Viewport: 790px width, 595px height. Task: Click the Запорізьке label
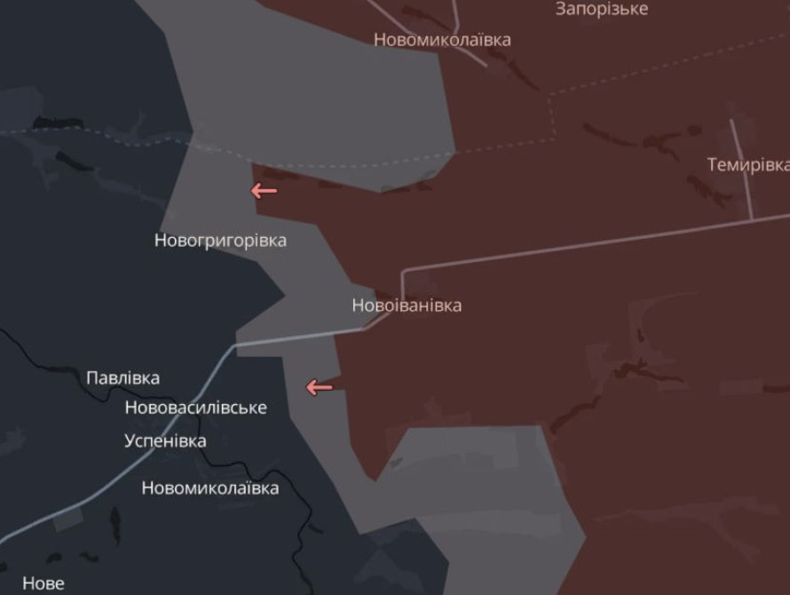tap(601, 10)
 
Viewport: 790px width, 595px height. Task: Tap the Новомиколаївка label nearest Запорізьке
tap(441, 40)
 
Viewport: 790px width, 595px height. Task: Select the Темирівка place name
tap(747, 165)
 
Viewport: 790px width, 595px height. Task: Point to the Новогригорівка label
tap(220, 241)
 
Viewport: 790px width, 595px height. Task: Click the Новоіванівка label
tap(407, 305)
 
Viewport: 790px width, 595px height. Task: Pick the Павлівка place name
tap(122, 378)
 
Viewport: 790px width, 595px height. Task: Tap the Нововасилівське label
tap(195, 408)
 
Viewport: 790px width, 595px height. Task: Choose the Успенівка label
tap(165, 441)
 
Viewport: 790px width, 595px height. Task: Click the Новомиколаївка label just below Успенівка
tap(209, 488)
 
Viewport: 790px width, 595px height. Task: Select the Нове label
tap(43, 583)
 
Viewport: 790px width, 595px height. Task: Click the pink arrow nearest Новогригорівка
tap(264, 191)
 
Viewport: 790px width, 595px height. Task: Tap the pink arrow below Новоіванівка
tap(319, 387)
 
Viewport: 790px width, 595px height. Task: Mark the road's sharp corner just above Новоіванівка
tap(403, 272)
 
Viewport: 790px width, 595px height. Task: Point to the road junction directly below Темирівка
tap(751, 218)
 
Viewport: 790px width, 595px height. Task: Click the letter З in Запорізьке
tap(561, 10)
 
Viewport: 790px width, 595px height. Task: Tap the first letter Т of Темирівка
tap(713, 165)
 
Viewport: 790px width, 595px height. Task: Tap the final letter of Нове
tap(59, 583)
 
